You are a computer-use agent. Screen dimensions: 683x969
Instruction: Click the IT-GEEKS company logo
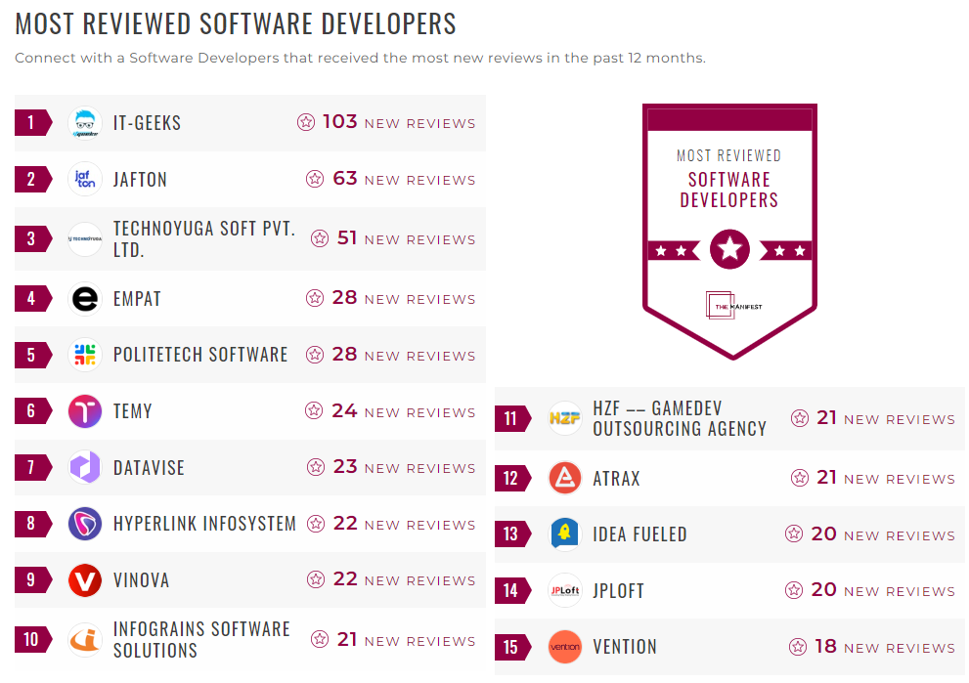pyautogui.click(x=85, y=123)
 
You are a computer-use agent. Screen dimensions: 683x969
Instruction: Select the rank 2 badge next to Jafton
pyautogui.click(x=31, y=180)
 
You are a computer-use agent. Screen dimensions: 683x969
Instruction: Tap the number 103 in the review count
pyautogui.click(x=339, y=122)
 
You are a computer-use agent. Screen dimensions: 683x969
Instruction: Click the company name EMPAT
pyautogui.click(x=137, y=299)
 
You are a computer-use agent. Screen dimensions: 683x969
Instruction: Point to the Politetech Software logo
pyautogui.click(x=85, y=355)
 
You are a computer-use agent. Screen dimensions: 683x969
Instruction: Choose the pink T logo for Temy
pyautogui.click(x=85, y=411)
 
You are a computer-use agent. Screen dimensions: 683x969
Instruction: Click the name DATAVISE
pyautogui.click(x=149, y=468)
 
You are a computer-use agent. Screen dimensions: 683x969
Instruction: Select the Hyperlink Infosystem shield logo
pyautogui.click(x=85, y=524)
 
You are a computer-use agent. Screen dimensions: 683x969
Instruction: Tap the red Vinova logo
pyautogui.click(x=85, y=580)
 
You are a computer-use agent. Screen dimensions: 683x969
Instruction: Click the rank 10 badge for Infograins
pyautogui.click(x=31, y=640)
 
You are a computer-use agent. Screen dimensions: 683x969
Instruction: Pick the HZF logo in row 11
pyautogui.click(x=565, y=418)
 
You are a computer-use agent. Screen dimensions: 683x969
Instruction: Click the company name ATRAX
pyautogui.click(x=616, y=479)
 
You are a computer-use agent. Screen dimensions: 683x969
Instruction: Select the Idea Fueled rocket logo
pyautogui.click(x=565, y=534)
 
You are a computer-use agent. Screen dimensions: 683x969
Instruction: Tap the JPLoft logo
pyautogui.click(x=565, y=591)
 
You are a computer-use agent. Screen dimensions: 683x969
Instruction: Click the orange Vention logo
pyautogui.click(x=565, y=647)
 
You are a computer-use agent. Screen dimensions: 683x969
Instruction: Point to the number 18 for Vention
pyautogui.click(x=825, y=647)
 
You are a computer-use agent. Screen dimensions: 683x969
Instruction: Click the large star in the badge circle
pyautogui.click(x=729, y=249)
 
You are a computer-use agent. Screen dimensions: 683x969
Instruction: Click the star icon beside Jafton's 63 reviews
pyautogui.click(x=315, y=179)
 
